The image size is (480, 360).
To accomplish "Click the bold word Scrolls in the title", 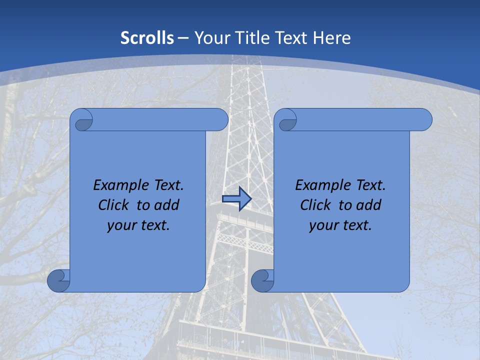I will tap(147, 38).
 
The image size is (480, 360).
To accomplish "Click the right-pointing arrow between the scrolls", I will tap(236, 199).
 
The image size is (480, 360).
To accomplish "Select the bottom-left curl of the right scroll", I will tap(263, 280).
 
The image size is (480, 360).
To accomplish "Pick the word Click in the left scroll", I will tap(114, 205).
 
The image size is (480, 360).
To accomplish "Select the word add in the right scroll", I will tap(369, 205).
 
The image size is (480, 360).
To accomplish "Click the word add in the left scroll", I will tap(167, 205).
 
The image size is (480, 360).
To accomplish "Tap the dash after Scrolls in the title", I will tap(183, 38).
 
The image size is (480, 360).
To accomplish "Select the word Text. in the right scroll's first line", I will tap(370, 185).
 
